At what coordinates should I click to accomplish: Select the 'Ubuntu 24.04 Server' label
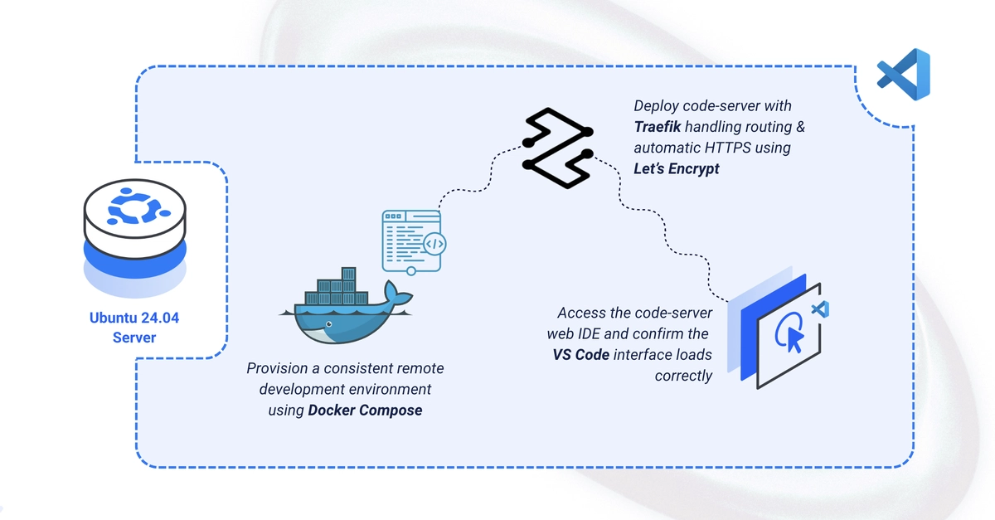point(134,328)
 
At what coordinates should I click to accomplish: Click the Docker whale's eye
point(328,324)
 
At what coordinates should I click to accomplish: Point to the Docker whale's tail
point(396,294)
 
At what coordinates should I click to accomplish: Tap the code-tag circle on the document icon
point(434,244)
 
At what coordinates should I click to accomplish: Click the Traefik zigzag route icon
point(558,148)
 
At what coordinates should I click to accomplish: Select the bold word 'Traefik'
point(657,127)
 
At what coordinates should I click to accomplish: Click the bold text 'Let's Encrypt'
point(676,169)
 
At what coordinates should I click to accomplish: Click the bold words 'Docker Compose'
point(365,411)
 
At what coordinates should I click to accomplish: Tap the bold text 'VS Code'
point(581,355)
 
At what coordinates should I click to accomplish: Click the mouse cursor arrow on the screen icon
point(794,340)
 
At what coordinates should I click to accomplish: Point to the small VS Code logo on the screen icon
point(820,309)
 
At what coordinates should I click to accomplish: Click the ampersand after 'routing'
point(800,127)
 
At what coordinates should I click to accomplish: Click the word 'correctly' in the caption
point(683,376)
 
